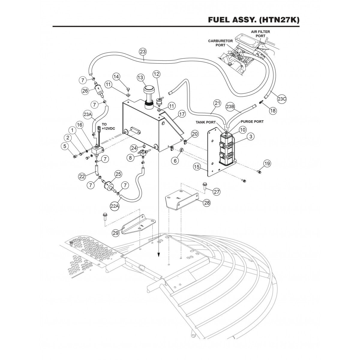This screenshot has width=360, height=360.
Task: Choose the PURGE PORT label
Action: coord(252,122)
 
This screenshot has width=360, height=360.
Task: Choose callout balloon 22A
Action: coord(115,206)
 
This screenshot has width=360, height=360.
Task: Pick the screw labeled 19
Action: coord(259,171)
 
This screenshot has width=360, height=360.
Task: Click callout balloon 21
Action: coord(217,103)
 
